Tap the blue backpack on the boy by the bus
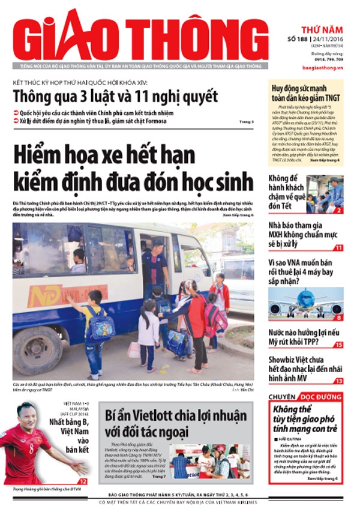[x=99, y=327]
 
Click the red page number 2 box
[x=339, y=210]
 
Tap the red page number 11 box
[x=339, y=248]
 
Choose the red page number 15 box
[x=339, y=345]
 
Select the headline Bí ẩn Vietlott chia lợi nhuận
[x=175, y=424]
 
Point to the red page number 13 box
[x=339, y=381]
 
